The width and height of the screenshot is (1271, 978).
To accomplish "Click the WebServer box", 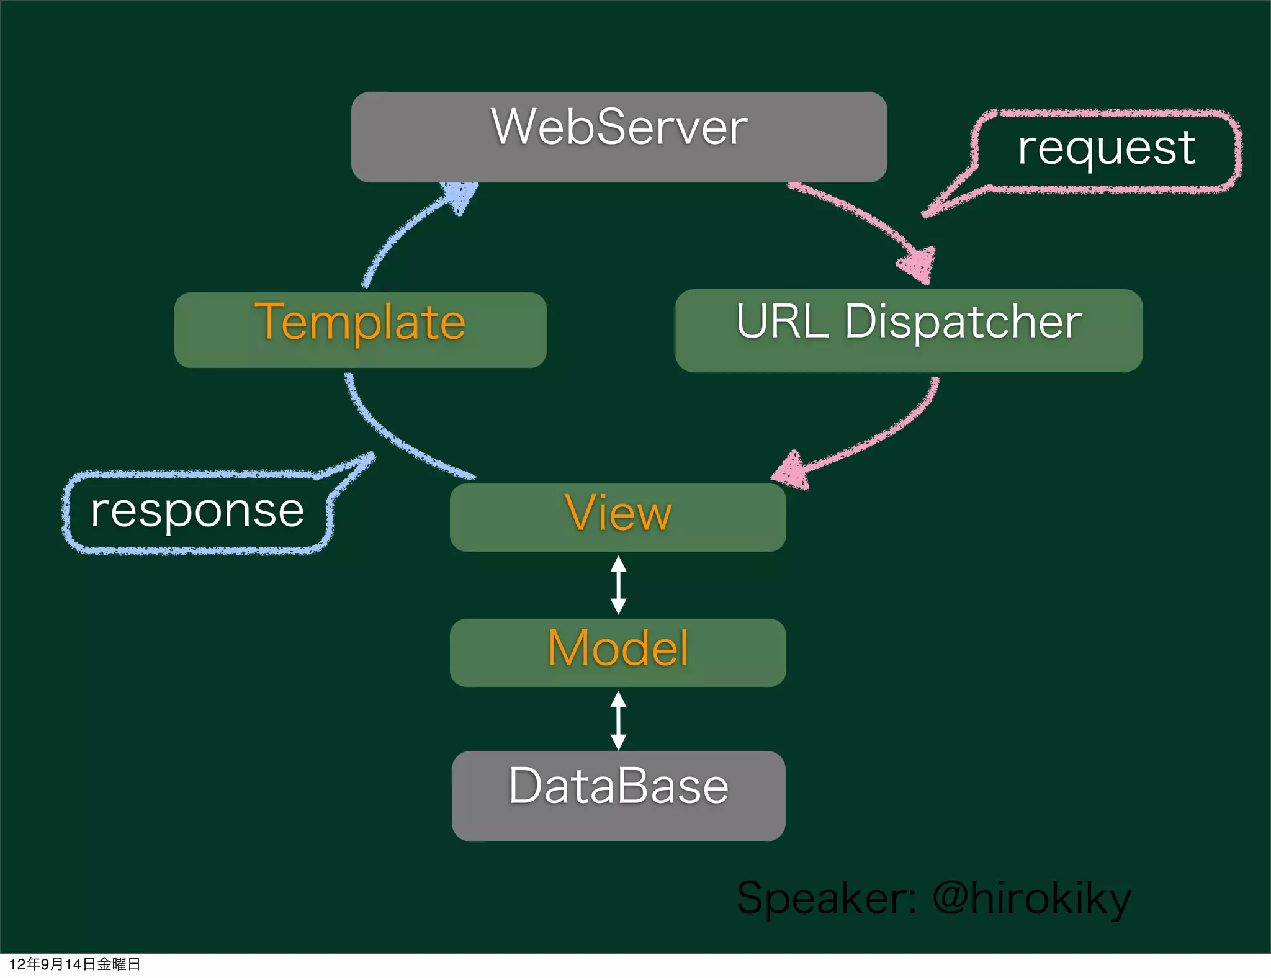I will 619,137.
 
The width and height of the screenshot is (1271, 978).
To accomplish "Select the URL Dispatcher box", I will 909,331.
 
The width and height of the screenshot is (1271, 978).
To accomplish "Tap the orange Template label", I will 360,322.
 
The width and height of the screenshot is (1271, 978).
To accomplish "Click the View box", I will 618,517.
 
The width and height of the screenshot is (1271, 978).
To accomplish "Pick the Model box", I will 618,652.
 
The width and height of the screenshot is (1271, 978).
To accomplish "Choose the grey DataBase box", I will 618,796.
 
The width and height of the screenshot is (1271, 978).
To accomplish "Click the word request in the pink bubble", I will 1107,149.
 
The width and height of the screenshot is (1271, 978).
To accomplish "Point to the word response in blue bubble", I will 197,511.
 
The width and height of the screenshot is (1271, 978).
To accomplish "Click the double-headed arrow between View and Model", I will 618,585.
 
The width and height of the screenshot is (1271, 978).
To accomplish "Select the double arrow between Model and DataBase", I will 618,720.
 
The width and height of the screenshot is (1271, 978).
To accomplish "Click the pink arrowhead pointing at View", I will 790,471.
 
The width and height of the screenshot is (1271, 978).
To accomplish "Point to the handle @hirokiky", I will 1031,899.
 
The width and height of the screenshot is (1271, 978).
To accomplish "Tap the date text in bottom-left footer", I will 74,964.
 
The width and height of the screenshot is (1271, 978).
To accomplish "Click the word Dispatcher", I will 963,322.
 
